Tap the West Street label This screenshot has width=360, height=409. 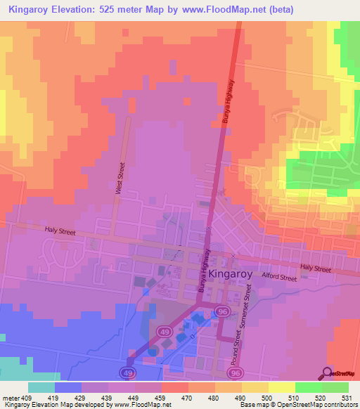(120, 178)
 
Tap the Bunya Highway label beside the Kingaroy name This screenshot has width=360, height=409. (204, 271)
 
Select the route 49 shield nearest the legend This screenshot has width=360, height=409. (128, 372)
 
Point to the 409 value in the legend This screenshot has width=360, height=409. (20, 397)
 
